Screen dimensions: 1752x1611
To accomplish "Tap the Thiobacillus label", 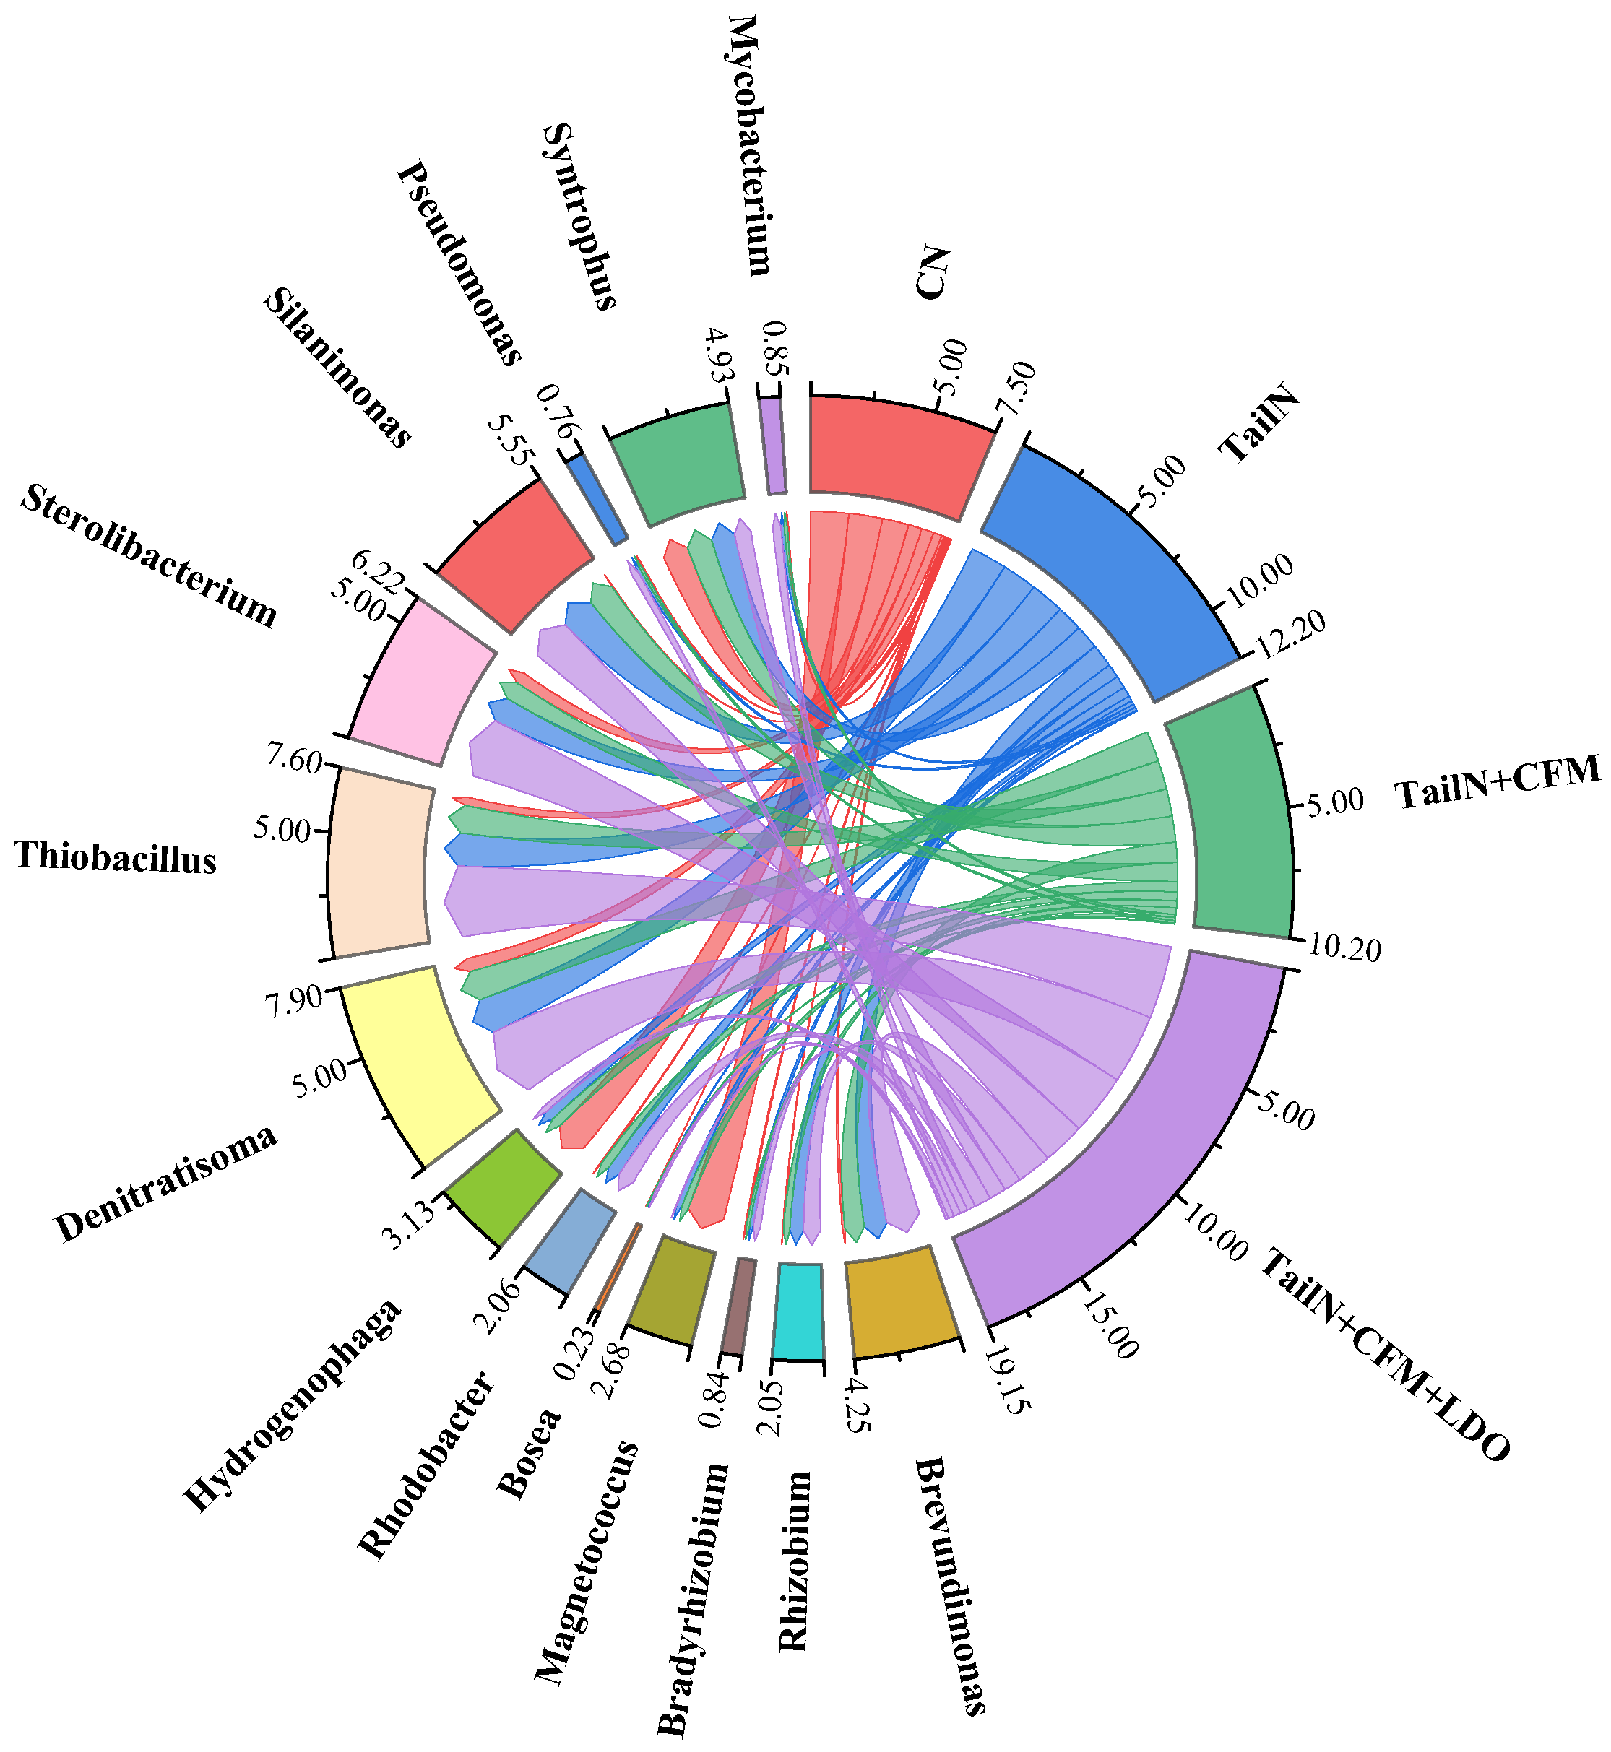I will (x=115, y=858).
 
